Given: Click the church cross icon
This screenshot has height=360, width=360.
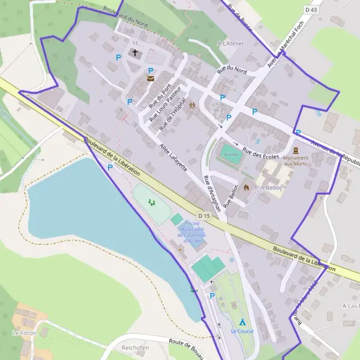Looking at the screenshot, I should click(x=135, y=53).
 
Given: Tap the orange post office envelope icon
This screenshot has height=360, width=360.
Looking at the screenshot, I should click(x=150, y=79).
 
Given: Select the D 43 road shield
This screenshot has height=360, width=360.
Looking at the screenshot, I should click(x=311, y=10).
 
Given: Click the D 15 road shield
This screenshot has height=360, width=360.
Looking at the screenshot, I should click(x=203, y=215).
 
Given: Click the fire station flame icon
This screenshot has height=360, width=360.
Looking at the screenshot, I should click(x=246, y=187).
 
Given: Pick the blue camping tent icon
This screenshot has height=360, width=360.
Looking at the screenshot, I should click(x=242, y=322).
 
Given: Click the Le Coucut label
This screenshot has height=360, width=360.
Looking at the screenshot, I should click(x=242, y=331).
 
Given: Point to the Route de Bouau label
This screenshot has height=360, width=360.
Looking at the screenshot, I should click(x=187, y=344).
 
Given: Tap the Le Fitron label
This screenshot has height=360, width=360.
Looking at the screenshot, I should click(x=24, y=332).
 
